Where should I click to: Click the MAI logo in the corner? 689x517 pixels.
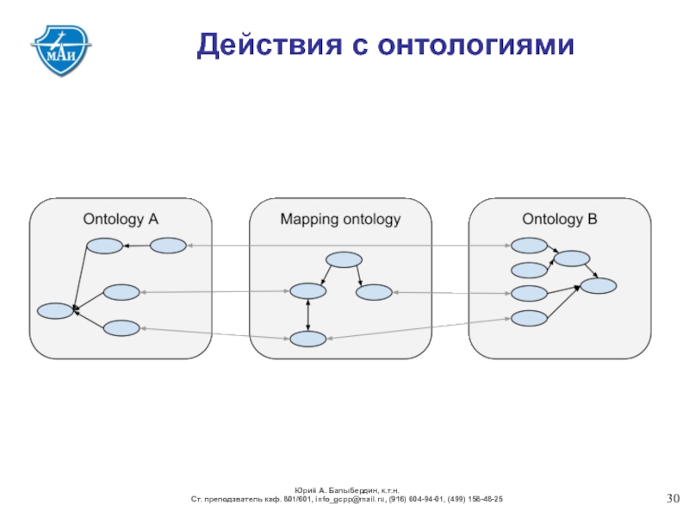[x=61, y=47]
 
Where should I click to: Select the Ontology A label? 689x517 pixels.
[x=121, y=219]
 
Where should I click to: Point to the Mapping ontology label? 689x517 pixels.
[x=340, y=219]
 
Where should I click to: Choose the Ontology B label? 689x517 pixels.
[x=559, y=219]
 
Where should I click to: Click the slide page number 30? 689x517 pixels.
[x=674, y=499]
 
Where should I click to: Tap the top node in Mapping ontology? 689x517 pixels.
[x=343, y=259]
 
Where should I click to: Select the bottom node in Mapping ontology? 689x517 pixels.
[x=307, y=339]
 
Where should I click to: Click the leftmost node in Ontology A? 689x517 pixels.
[x=56, y=311]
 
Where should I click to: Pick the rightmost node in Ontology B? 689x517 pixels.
[x=598, y=285]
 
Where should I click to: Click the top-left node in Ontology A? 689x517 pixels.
[x=102, y=246]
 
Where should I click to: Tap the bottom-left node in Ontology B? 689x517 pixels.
[x=529, y=318]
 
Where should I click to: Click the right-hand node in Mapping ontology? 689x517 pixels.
[x=374, y=292]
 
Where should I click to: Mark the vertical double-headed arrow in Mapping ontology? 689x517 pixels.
[x=307, y=315]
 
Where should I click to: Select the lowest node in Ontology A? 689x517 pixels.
[x=121, y=327]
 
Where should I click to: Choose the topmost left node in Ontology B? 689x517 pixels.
[x=529, y=246]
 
